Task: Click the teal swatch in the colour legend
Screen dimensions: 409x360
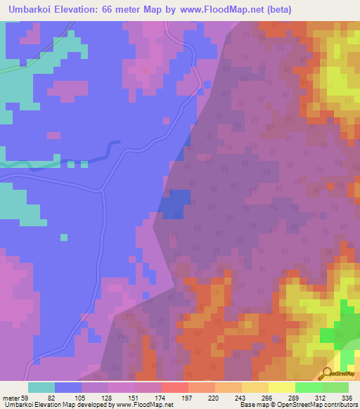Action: [41, 387]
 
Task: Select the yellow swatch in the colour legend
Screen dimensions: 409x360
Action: [282, 387]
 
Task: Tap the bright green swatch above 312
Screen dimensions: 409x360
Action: [309, 387]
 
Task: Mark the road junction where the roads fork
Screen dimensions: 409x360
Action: [103, 189]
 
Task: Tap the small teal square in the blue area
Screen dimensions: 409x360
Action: [64, 237]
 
